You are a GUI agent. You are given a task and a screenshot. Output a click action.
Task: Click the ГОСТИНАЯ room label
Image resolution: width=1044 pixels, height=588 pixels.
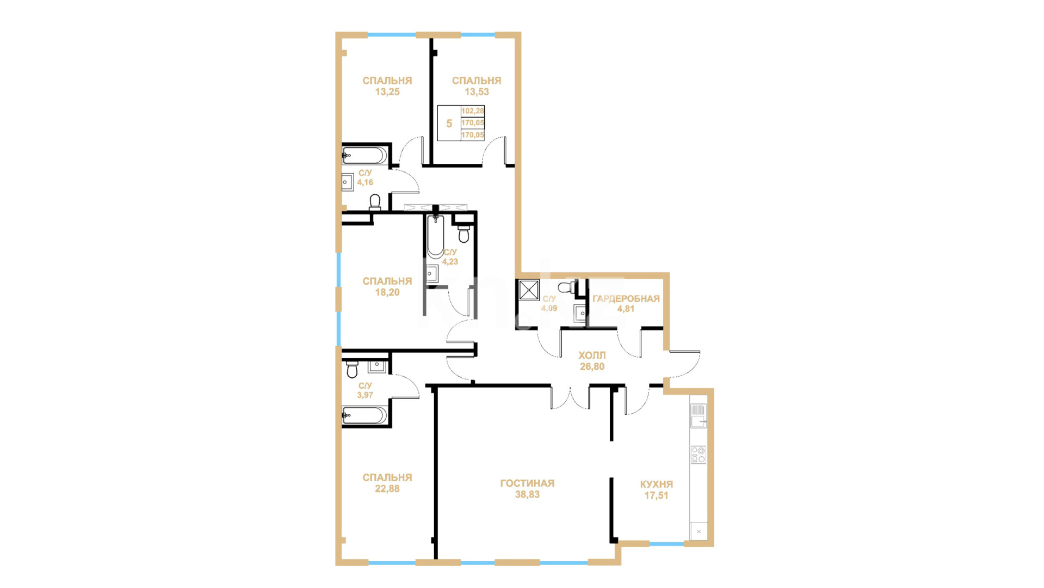point(527,483)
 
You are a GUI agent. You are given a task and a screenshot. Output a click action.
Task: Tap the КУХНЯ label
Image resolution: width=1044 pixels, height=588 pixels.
point(656,484)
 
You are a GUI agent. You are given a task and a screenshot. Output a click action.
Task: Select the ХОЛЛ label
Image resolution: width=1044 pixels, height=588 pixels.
point(592,356)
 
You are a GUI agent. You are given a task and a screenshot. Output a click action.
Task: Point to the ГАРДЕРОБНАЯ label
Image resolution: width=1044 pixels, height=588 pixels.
point(626,298)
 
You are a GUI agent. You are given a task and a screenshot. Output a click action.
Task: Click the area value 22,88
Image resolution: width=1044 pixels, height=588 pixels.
point(387,489)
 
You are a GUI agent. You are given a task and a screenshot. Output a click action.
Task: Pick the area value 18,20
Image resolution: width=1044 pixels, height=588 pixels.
point(387,292)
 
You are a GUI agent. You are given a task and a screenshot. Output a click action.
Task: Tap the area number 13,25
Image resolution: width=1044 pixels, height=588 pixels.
point(387,92)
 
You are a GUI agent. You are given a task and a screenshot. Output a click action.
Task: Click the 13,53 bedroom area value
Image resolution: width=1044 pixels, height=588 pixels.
point(477,92)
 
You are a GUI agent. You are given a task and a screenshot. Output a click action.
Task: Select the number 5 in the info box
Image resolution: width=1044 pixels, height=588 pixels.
point(449,124)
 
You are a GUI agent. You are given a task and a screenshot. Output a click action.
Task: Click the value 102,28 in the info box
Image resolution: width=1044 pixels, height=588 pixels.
point(472,111)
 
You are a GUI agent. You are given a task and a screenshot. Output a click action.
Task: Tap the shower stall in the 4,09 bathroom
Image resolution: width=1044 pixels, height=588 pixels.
point(528,290)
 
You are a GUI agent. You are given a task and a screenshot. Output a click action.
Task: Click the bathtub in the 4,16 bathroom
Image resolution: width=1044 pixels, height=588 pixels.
point(365,155)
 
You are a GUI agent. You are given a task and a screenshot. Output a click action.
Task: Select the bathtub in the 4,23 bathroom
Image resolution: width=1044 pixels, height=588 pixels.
point(435,236)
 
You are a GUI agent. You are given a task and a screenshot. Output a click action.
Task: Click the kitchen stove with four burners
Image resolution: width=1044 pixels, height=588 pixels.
point(698,455)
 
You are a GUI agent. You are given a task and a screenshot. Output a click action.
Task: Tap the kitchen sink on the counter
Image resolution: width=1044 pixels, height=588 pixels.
point(698,416)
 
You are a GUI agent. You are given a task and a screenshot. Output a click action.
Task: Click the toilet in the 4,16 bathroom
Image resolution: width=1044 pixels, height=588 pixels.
point(375,203)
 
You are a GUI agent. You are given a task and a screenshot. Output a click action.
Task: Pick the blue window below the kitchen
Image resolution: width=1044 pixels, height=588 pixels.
point(666,544)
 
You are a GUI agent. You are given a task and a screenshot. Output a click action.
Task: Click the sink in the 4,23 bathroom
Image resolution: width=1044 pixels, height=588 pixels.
point(433,273)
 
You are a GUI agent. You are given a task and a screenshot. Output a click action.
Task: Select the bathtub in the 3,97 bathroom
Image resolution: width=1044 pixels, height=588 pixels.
point(365,415)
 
